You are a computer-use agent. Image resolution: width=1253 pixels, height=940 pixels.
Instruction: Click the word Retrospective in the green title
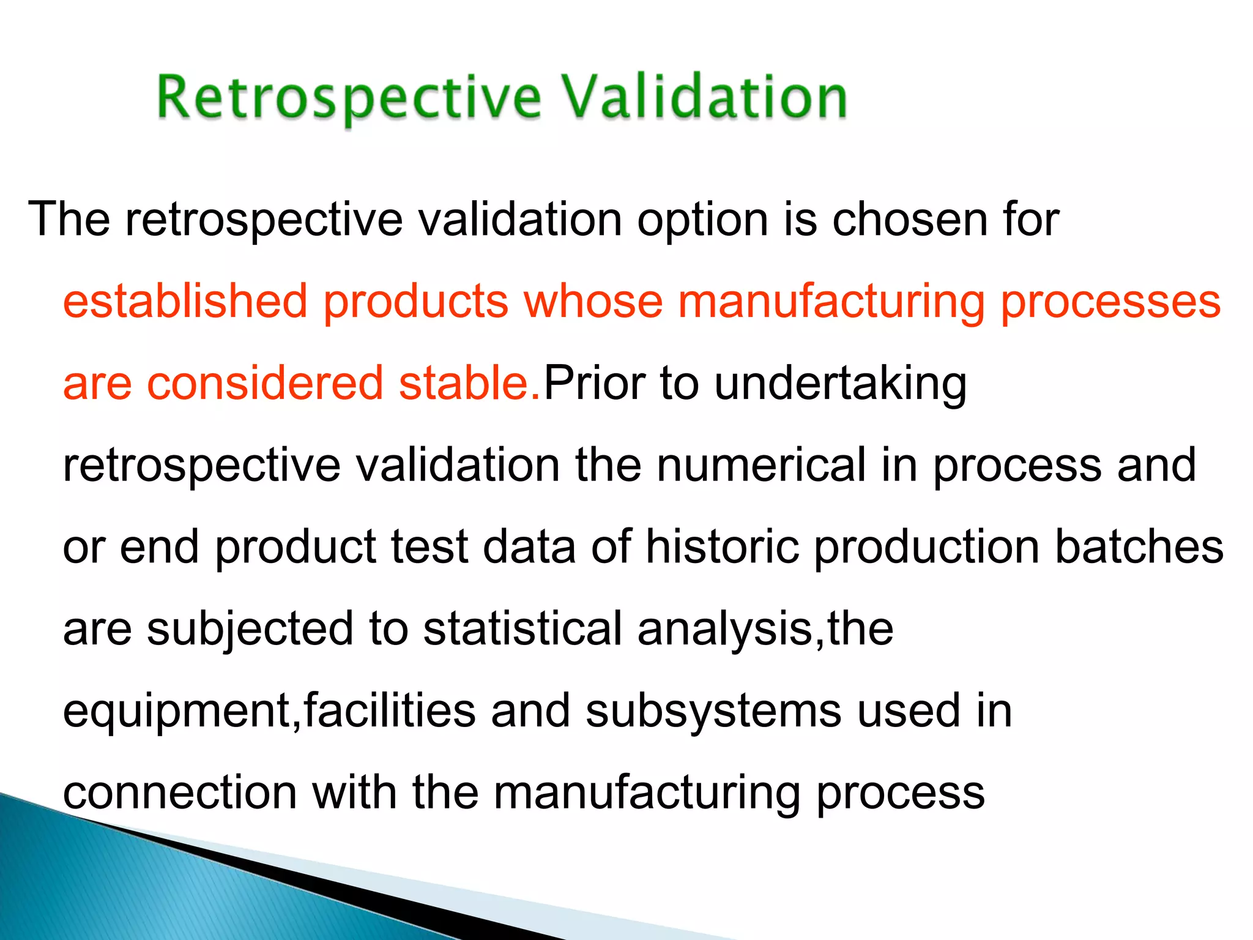click(x=349, y=98)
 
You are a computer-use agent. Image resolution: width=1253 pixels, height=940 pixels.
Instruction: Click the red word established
click(x=185, y=301)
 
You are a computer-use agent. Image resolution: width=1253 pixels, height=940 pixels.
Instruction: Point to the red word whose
click(x=593, y=301)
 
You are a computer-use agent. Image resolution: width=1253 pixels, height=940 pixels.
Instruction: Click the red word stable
click(x=469, y=383)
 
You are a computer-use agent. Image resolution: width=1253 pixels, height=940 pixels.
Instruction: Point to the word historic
click(x=722, y=546)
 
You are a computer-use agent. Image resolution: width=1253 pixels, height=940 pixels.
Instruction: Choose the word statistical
click(x=522, y=629)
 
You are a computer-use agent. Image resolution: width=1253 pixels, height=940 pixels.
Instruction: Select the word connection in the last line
click(x=180, y=793)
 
